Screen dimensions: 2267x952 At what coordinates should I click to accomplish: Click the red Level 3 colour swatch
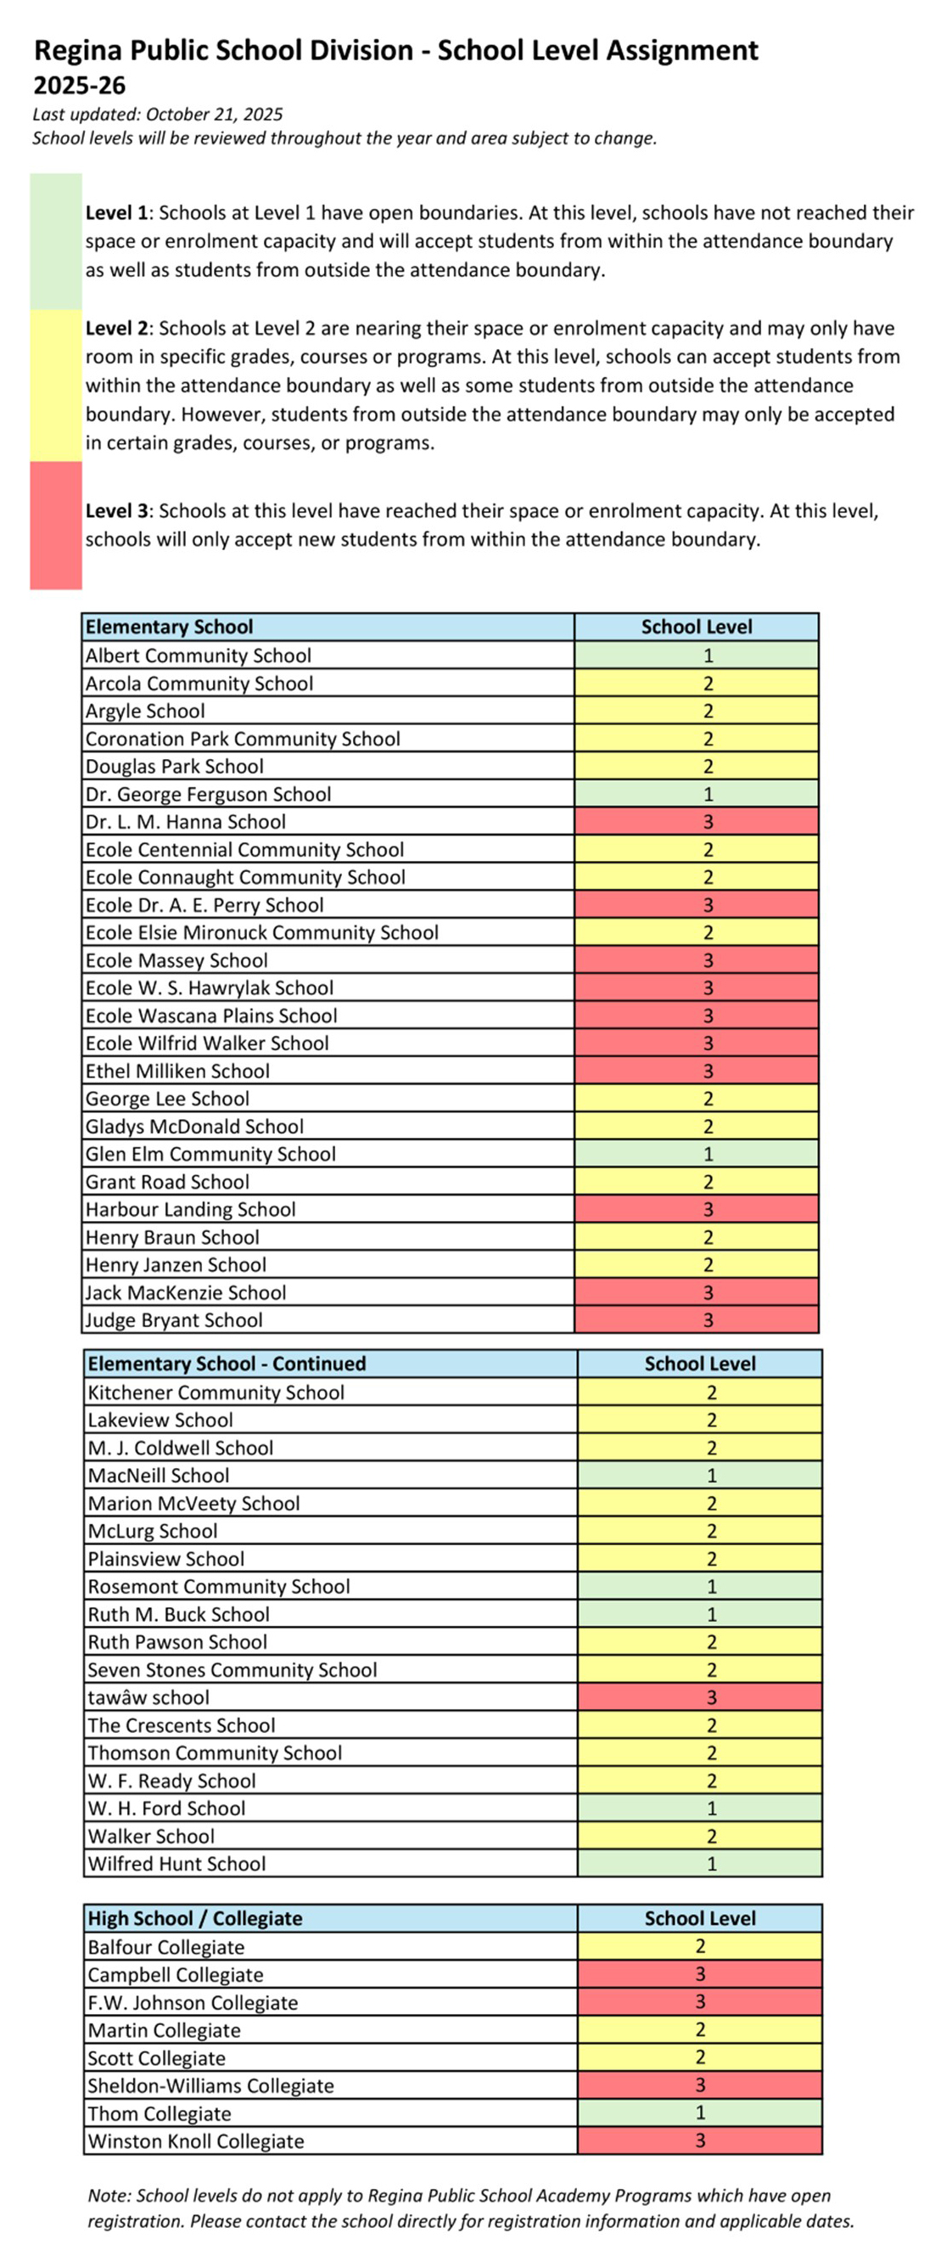point(55,525)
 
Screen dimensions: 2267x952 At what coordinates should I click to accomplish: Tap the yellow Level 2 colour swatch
point(55,385)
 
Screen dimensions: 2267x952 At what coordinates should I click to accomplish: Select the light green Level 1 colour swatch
point(55,241)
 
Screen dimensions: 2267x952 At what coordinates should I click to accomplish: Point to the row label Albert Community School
point(198,655)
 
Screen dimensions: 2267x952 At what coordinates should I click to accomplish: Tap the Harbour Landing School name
point(190,1209)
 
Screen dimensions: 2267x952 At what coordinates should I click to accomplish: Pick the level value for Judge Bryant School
point(708,1320)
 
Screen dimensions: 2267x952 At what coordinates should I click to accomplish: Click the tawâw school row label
point(148,1696)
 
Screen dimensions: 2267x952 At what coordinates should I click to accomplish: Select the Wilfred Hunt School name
point(176,1863)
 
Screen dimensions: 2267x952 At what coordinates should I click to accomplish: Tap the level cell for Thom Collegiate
point(699,2112)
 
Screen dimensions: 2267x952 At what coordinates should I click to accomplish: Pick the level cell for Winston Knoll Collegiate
point(699,2140)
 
